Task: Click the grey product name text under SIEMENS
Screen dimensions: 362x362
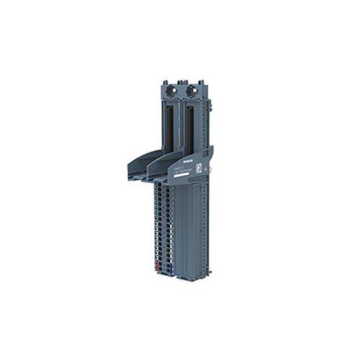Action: [190, 167]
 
